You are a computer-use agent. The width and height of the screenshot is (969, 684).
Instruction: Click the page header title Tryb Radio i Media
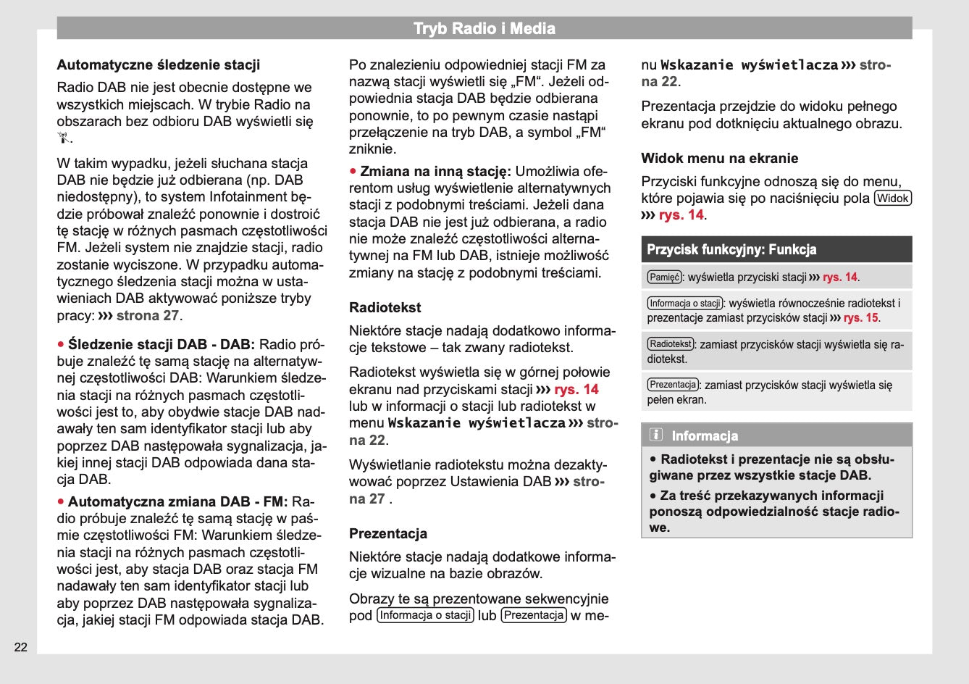pos(484,29)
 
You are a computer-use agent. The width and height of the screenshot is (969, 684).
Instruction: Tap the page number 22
pos(21,647)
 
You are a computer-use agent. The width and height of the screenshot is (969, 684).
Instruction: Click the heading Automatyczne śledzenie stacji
pos(159,65)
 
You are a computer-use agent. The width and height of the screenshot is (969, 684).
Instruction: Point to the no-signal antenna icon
pos(64,138)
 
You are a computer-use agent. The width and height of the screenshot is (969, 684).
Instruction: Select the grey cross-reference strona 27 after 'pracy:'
pos(148,315)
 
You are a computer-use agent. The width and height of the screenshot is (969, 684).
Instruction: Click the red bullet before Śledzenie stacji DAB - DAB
pos(61,343)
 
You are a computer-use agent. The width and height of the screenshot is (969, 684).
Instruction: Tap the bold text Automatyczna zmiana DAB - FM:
pos(177,501)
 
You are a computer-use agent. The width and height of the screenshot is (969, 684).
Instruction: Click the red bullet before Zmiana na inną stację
pos(353,171)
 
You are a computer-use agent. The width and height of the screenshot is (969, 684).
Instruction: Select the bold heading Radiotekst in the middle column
pos(385,307)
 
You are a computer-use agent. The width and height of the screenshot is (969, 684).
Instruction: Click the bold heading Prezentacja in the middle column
pos(388,533)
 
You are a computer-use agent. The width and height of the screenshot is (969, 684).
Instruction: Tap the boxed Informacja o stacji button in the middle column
pos(426,615)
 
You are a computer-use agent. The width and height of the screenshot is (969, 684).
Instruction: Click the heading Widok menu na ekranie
pos(719,158)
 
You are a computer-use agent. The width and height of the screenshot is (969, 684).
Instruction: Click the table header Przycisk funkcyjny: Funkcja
pos(731,250)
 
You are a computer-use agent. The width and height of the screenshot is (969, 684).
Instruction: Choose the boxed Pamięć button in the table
pos(664,277)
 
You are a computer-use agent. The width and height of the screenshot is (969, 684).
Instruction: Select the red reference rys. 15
pos(861,317)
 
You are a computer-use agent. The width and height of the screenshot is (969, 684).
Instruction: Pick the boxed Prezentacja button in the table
pos(673,385)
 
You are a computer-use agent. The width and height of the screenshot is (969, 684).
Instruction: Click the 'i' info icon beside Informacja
pos(656,435)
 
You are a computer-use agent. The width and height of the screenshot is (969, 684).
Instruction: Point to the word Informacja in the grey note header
pos(705,435)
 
